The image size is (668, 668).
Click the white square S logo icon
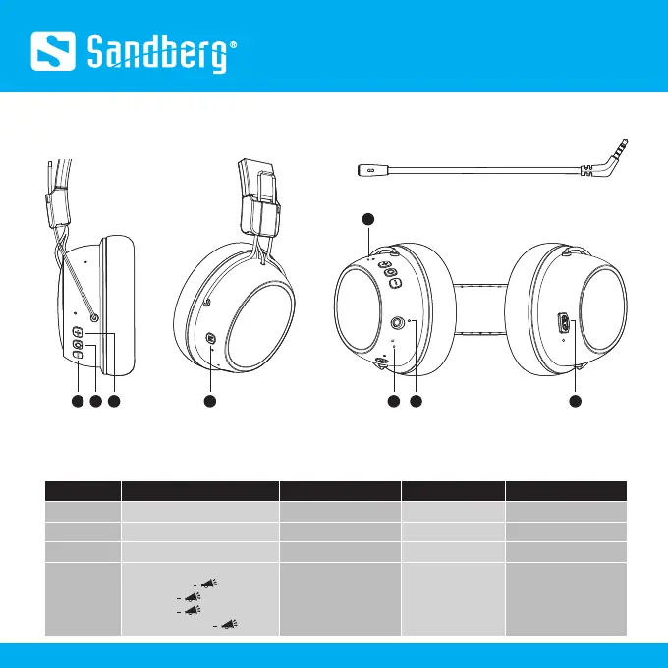pos(55,48)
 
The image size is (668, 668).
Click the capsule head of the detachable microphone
pos(370,170)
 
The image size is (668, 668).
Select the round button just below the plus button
pos(79,346)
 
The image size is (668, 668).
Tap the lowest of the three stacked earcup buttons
pos(78,358)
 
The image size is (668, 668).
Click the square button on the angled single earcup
pos(212,339)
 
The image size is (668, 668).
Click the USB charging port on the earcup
pos(564,323)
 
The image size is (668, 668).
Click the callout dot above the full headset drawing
pos(367,217)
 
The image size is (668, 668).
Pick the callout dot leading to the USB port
pos(577,401)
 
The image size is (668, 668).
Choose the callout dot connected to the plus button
pos(115,401)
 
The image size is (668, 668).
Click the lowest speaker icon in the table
pos(234,622)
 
